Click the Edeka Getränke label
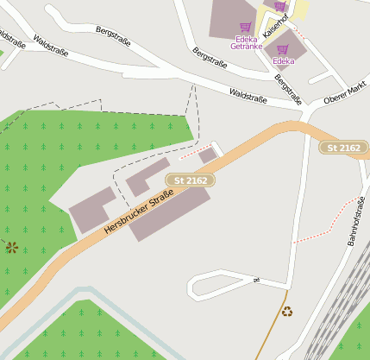tap(246, 42)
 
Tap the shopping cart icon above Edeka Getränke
tap(246, 28)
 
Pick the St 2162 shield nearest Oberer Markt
tap(343, 148)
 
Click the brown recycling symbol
tap(286, 311)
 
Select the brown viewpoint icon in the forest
tap(12, 248)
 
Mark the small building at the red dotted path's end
tap(207, 155)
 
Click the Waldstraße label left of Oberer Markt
tap(248, 95)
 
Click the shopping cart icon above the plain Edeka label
tap(283, 49)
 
